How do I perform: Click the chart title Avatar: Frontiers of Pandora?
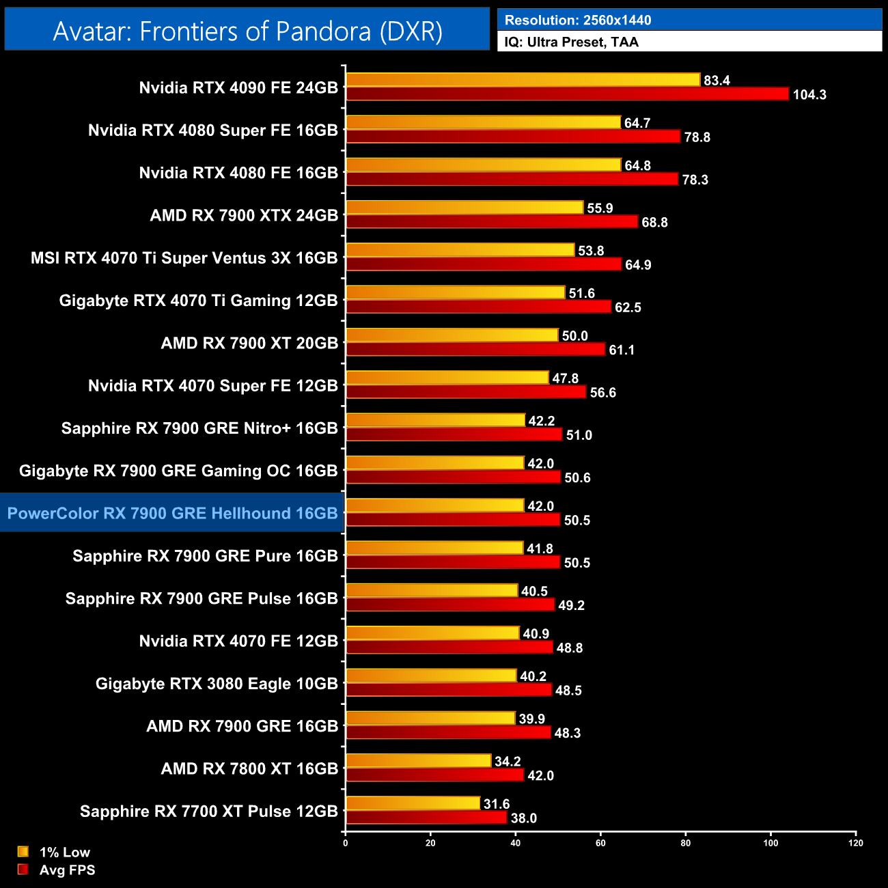pyautogui.click(x=247, y=31)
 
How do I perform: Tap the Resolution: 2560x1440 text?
pyautogui.click(x=577, y=20)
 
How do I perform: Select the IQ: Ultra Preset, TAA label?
pyautogui.click(x=571, y=42)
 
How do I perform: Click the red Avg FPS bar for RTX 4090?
pyautogui.click(x=567, y=94)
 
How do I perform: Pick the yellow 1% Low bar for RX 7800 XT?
pyautogui.click(x=418, y=761)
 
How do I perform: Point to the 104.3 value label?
pyautogui.click(x=809, y=95)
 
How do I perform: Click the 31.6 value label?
pyautogui.click(x=497, y=804)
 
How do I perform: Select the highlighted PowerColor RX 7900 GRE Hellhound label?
pyautogui.click(x=172, y=513)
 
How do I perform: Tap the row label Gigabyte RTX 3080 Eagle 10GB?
pyautogui.click(x=217, y=684)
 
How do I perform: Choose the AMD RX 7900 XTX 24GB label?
pyautogui.click(x=244, y=216)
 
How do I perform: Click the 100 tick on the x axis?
pyautogui.click(x=771, y=843)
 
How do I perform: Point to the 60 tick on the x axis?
pyautogui.click(x=600, y=843)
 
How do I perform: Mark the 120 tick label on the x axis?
pyautogui.click(x=855, y=843)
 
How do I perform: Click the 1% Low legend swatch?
pyautogui.click(x=23, y=852)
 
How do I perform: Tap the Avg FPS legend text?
pyautogui.click(x=67, y=870)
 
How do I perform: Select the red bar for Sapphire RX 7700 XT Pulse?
pyautogui.click(x=426, y=818)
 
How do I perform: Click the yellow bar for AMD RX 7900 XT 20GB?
pyautogui.click(x=452, y=335)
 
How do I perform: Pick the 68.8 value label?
pyautogui.click(x=654, y=223)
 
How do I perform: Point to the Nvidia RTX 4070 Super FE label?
pyautogui.click(x=212, y=386)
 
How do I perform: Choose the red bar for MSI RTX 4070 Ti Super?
pyautogui.click(x=484, y=264)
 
